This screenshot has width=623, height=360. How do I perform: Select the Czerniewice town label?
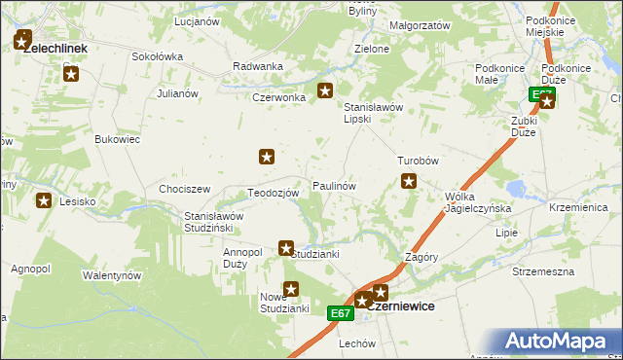(401, 306)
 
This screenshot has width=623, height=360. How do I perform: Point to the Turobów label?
(420, 161)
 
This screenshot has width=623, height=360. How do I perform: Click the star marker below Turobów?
(410, 180)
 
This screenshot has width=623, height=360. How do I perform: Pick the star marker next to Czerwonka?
(325, 92)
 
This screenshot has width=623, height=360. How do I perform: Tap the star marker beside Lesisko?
(44, 201)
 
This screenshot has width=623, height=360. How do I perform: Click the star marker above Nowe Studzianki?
(290, 288)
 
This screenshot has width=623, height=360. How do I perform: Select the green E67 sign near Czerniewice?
(340, 312)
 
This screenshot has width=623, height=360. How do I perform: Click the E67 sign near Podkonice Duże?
(542, 93)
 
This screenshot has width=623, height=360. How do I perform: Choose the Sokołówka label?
(158, 56)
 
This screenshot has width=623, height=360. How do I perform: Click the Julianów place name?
(177, 93)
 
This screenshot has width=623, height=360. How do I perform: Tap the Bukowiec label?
(118, 140)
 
